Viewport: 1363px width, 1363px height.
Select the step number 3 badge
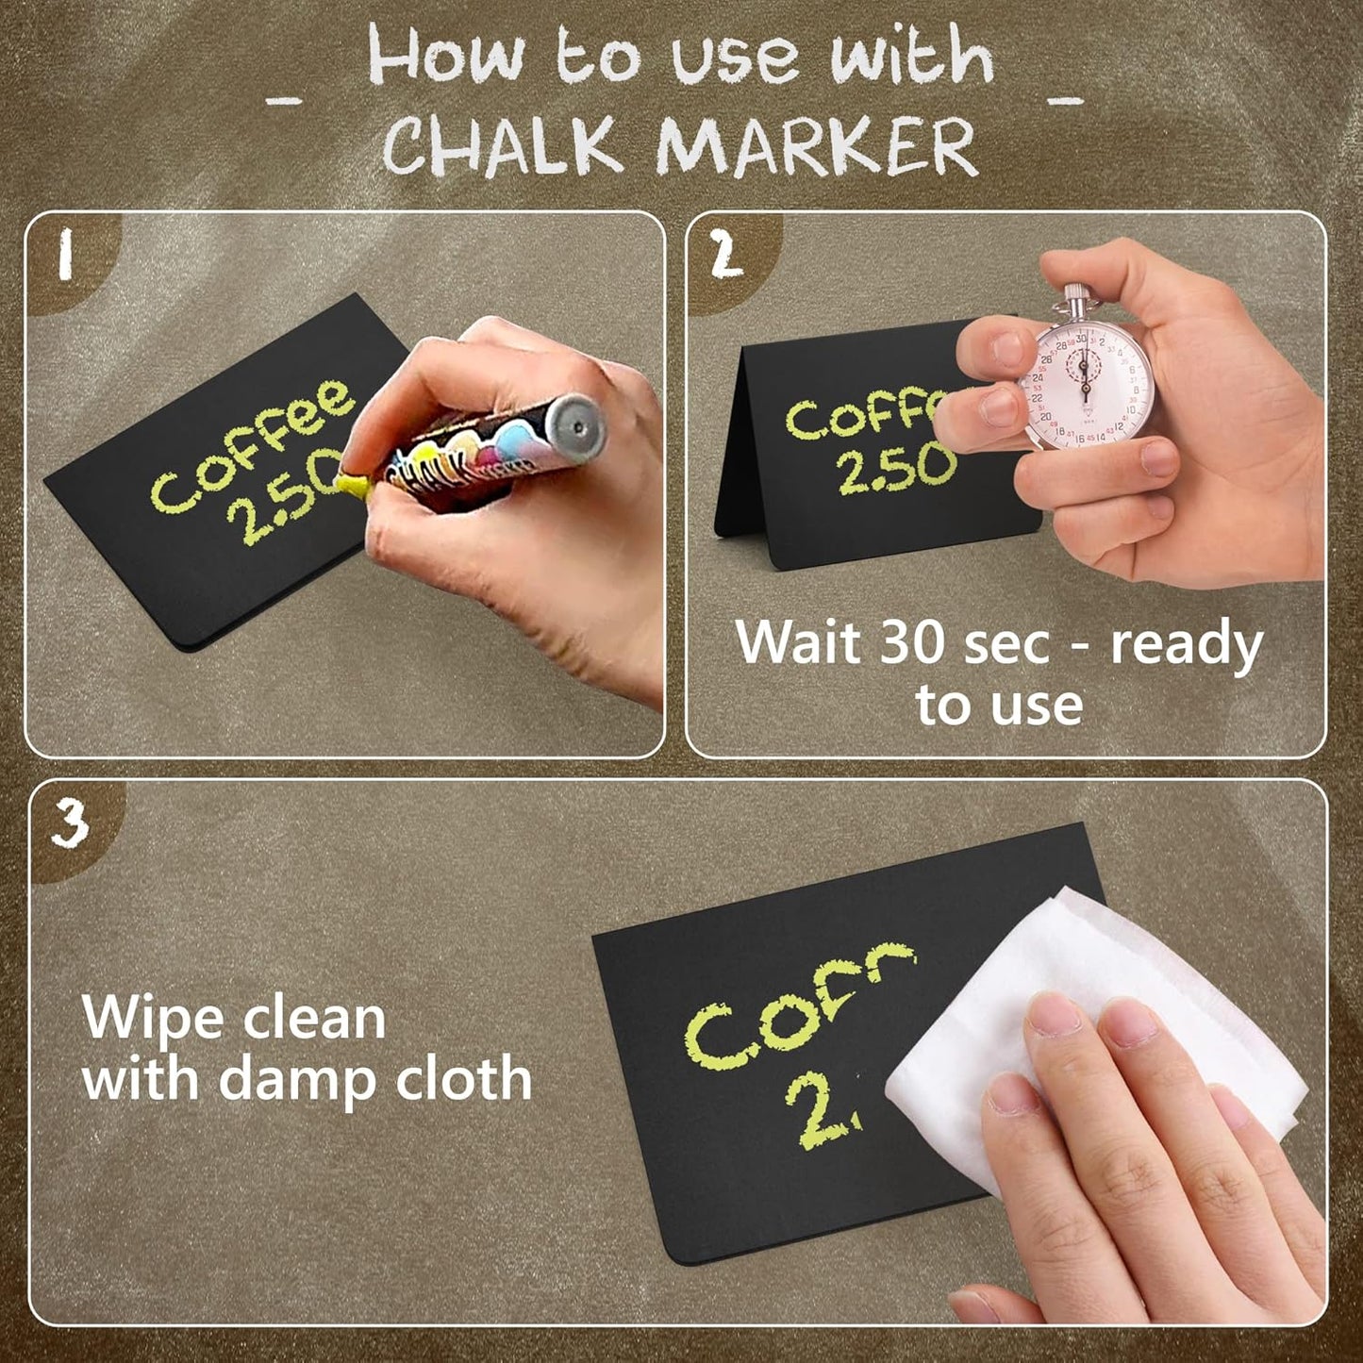coord(68,823)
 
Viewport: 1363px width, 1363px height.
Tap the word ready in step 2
coord(1187,645)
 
